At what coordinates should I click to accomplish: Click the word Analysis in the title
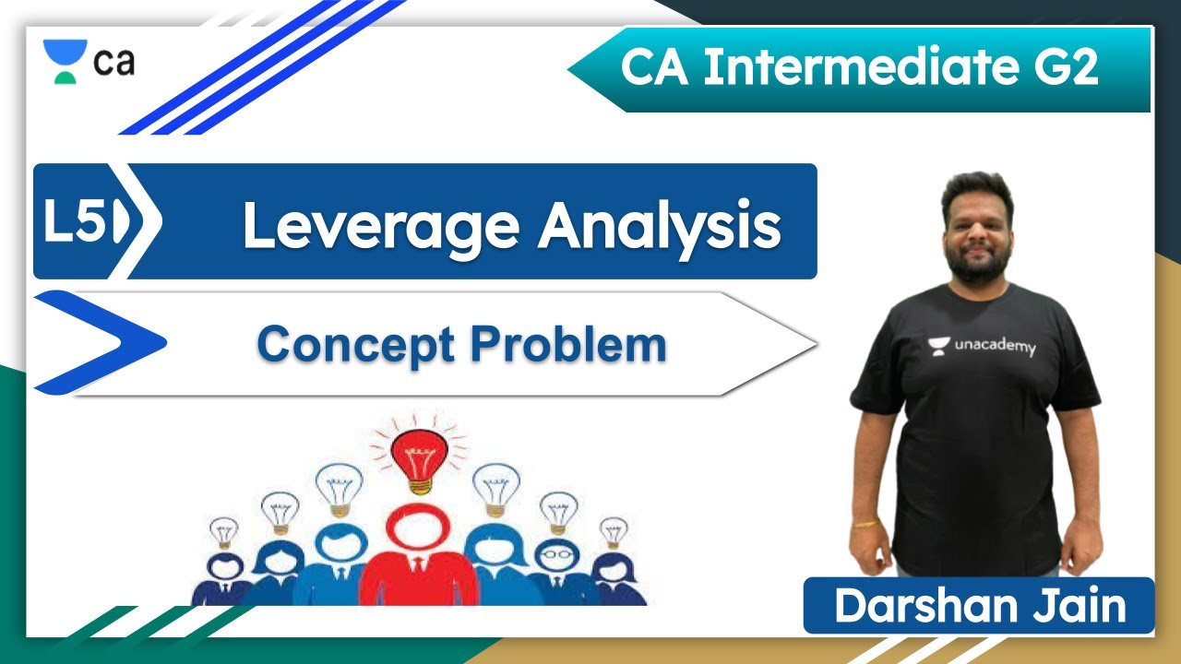tap(660, 226)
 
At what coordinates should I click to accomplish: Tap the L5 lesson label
tap(78, 223)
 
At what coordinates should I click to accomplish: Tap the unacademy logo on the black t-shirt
tap(982, 347)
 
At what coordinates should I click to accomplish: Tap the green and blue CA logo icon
tap(66, 62)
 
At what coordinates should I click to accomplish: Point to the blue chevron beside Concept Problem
tap(101, 342)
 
